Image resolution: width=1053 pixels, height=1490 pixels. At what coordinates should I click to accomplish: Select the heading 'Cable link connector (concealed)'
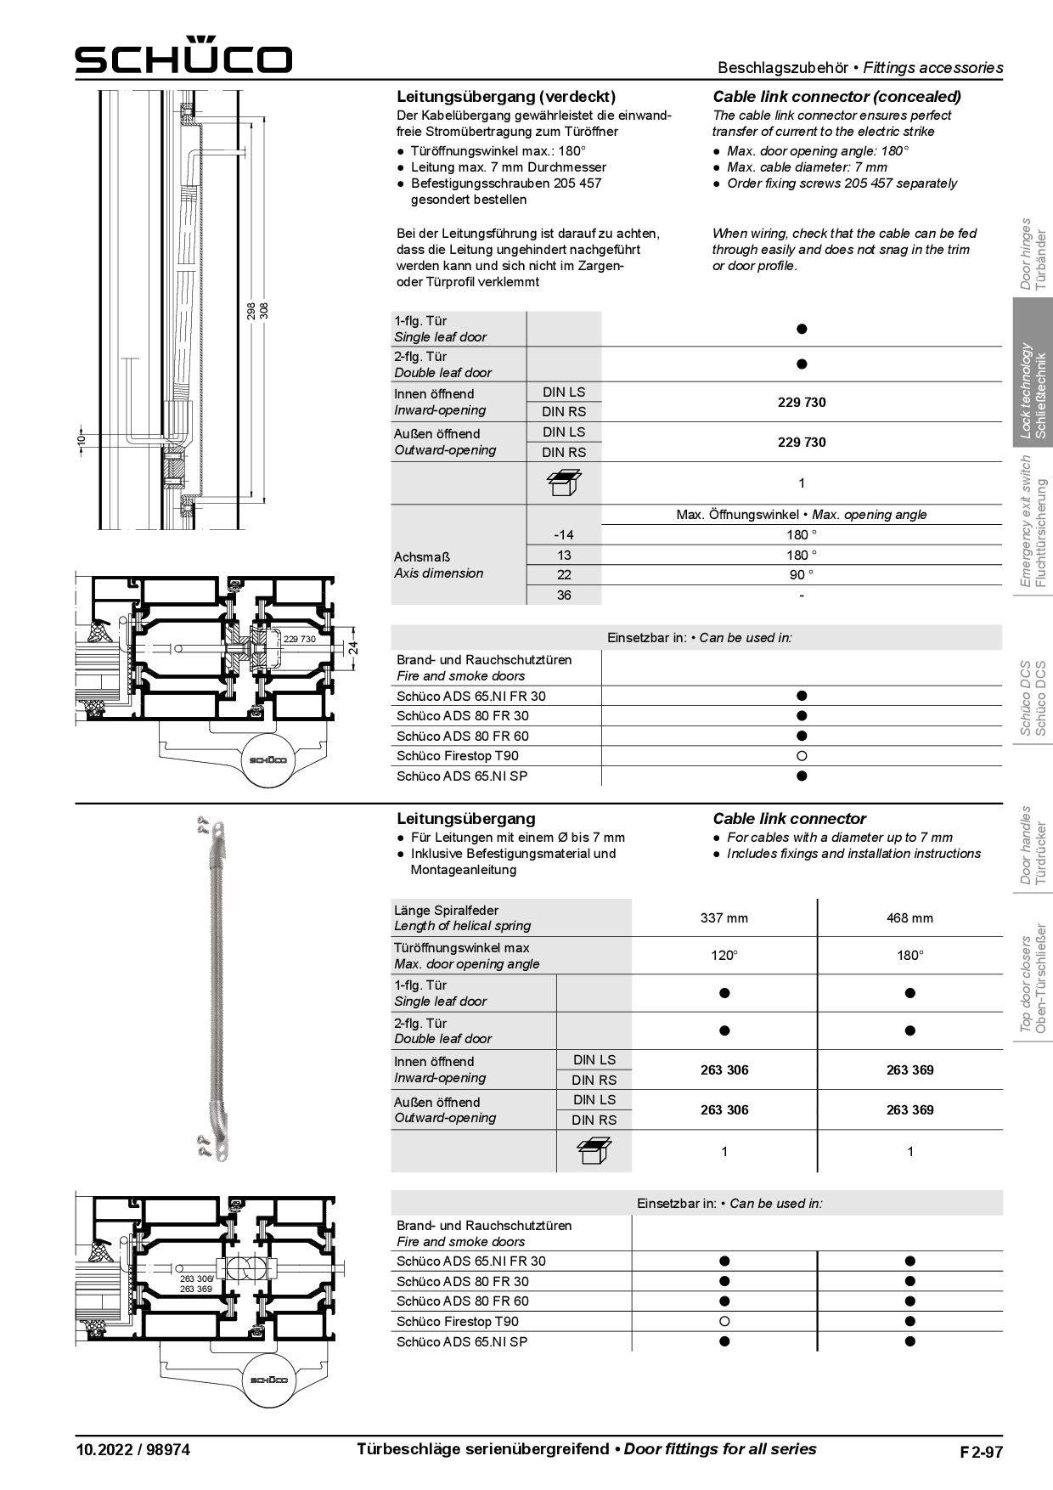(x=836, y=97)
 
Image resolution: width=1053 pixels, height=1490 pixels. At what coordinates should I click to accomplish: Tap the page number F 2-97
(x=981, y=1452)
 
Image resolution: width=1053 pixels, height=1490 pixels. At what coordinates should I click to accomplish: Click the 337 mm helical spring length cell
(x=724, y=918)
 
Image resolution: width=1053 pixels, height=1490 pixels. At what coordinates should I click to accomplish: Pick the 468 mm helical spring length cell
(x=909, y=918)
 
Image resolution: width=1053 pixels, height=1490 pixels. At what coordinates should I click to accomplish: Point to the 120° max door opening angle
(x=724, y=956)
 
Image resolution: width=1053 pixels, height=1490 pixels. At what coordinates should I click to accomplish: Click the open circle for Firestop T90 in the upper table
(x=802, y=756)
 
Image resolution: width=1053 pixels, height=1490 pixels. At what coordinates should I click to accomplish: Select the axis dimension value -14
(x=564, y=535)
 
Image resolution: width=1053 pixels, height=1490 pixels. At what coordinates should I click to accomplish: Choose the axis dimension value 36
(x=564, y=595)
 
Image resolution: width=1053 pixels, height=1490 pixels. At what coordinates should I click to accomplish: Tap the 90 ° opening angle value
(x=802, y=575)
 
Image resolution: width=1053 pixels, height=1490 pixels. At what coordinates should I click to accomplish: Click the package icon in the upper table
(x=564, y=483)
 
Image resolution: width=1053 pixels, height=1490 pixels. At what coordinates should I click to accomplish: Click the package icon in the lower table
(x=594, y=1152)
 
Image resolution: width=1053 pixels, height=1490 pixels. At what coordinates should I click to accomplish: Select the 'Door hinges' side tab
(x=1033, y=254)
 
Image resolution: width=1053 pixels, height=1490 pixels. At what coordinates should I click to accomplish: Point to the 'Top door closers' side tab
(x=1033, y=984)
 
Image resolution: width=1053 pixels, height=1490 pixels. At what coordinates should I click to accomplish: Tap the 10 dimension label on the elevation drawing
(x=82, y=440)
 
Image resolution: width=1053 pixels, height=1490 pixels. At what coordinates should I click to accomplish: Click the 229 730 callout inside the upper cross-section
(x=299, y=639)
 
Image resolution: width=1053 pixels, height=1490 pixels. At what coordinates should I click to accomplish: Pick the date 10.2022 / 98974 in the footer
(x=132, y=1450)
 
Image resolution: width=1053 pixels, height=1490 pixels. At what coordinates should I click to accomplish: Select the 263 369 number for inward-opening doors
(x=909, y=1070)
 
